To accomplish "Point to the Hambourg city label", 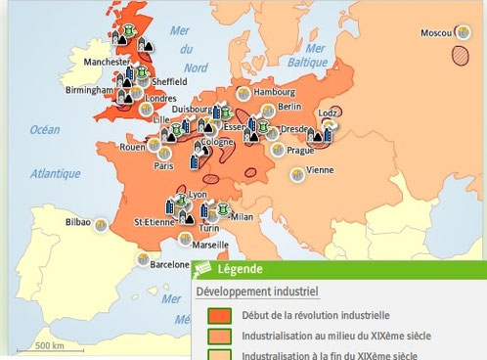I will click(x=273, y=92).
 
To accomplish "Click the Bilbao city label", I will click(x=77, y=223).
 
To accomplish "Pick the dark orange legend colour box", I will click(x=222, y=315).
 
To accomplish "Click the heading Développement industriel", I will click(x=256, y=292).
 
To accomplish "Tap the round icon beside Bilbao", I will click(x=99, y=223).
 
